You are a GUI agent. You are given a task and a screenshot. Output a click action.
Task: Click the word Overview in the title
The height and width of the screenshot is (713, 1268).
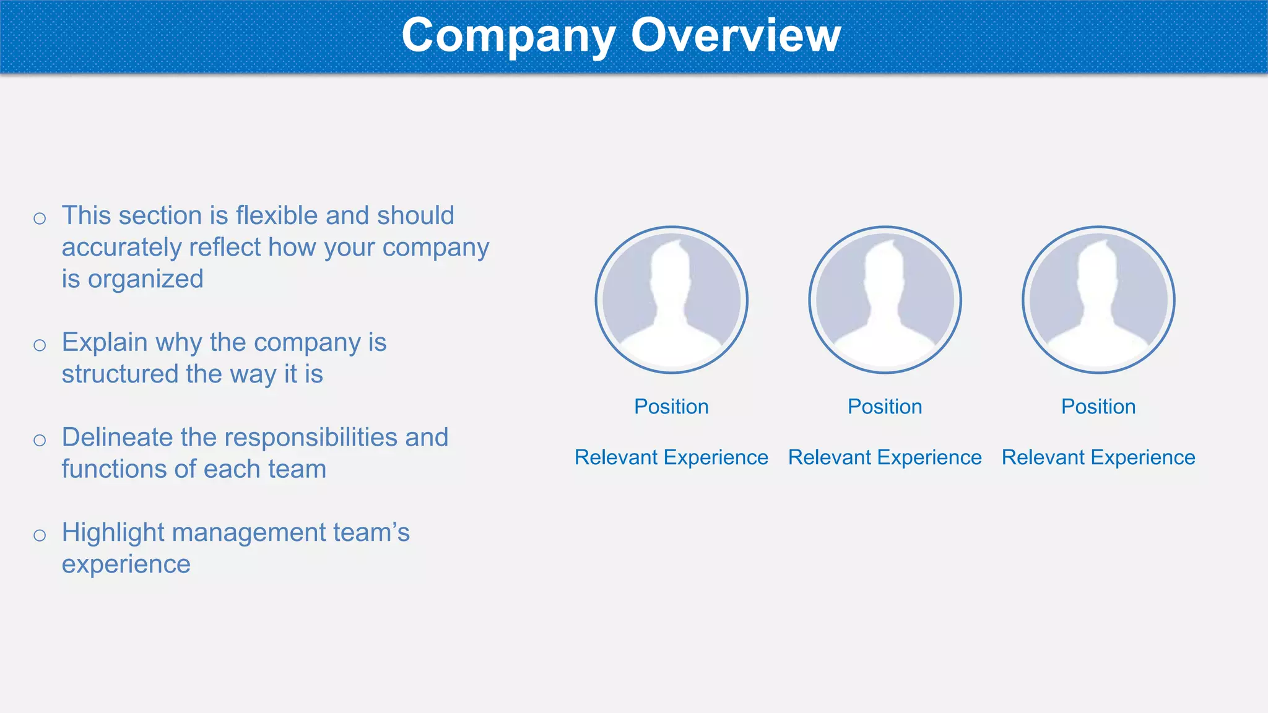736,35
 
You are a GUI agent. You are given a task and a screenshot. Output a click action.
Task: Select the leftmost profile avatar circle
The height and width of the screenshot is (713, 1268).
672,300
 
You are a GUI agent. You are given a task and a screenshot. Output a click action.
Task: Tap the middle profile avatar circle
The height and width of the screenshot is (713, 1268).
885,300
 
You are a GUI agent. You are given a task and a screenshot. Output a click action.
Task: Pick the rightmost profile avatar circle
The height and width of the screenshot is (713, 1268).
1098,300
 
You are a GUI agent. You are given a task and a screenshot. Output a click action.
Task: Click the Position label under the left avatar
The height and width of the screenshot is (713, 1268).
671,407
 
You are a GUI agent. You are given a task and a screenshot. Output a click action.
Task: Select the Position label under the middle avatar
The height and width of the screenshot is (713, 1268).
885,407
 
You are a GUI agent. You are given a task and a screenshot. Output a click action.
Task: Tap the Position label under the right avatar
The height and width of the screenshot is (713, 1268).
1098,407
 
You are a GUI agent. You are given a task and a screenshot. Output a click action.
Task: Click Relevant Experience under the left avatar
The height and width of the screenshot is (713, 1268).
671,457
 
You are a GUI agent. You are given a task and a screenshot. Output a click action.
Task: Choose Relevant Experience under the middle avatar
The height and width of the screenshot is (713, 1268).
885,457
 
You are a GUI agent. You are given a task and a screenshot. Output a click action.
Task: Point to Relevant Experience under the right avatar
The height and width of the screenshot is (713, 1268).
1098,457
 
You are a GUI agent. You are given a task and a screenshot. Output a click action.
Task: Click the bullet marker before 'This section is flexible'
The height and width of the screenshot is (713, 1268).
40,218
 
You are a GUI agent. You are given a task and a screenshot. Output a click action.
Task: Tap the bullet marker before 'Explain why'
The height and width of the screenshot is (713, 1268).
40,345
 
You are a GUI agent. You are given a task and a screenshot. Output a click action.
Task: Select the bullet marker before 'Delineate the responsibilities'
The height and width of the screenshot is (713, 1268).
40,441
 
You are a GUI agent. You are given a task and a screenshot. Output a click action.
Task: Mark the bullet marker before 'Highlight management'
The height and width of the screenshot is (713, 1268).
40,535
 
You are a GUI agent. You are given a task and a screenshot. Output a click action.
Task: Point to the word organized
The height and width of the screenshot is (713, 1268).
145,279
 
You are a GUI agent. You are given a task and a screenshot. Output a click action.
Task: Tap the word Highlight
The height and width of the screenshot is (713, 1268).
112,533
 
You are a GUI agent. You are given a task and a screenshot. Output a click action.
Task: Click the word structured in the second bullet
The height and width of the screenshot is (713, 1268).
119,374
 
